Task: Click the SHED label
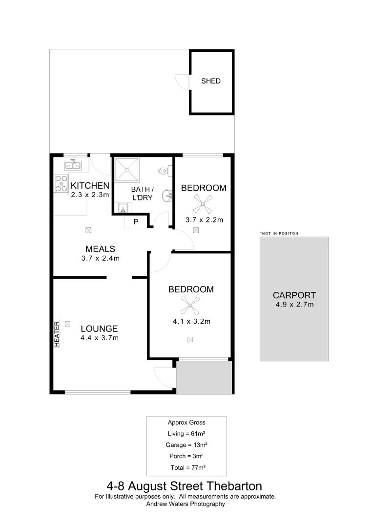[211, 81]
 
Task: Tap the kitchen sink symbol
[74, 165]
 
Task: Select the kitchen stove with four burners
[62, 183]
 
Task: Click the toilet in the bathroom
[164, 171]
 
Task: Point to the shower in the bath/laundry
[126, 170]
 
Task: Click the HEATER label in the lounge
[57, 334]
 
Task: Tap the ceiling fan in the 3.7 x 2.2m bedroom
[203, 202]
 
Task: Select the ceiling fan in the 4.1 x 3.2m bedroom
[190, 306]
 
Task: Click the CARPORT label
[294, 295]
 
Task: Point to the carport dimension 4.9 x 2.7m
[294, 305]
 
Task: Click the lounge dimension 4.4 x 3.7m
[100, 337]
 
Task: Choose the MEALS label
[100, 249]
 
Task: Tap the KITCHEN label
[90, 186]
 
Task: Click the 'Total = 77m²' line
[187, 467]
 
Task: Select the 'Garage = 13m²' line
[186, 445]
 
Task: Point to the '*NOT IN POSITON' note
[279, 234]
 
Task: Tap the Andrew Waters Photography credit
[186, 504]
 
